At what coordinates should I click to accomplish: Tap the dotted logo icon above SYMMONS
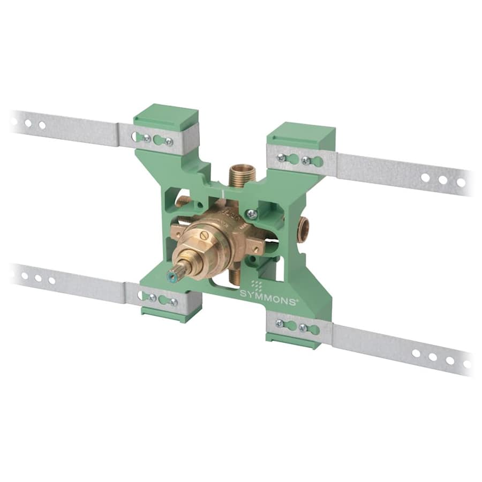pyautogui.click(x=257, y=284)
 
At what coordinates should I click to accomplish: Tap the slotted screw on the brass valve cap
pyautogui.click(x=205, y=236)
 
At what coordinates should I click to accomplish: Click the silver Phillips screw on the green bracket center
pyautogui.click(x=252, y=214)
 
